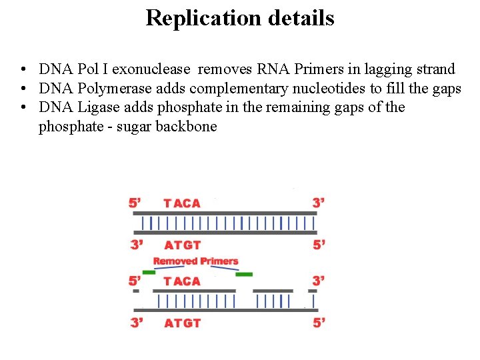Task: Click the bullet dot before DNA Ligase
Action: pos(23,108)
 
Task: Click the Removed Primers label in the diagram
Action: pos(195,261)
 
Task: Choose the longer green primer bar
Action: pos(244,274)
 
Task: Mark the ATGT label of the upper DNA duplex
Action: pos(183,245)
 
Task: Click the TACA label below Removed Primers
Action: pos(182,281)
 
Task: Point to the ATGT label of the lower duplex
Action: pos(183,323)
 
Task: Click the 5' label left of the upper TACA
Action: pos(135,203)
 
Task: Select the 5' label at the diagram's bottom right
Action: pos(319,323)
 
